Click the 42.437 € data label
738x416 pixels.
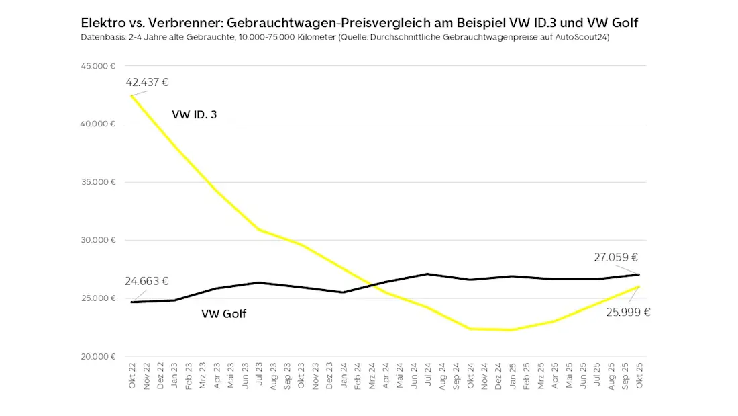[146, 83]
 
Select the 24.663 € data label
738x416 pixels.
[146, 281]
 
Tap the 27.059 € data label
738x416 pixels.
[615, 257]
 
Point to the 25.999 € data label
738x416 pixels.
[629, 312]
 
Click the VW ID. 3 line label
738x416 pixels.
[194, 115]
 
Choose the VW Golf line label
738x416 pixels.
[223, 313]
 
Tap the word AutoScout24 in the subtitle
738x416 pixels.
[583, 38]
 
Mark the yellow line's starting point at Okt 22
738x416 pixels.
[131, 96]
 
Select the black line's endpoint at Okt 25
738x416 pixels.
[639, 274]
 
